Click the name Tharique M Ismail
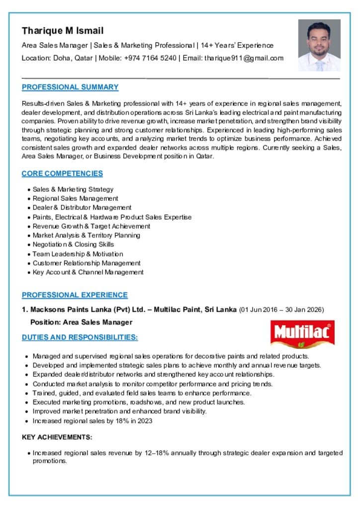[63, 31]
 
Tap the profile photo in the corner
[319, 45]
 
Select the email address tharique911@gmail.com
[244, 58]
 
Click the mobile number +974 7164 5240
[150, 58]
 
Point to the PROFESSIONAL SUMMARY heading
[70, 87]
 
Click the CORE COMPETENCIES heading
[62, 173]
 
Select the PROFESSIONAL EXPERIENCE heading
[75, 295]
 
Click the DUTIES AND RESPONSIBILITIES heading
[80, 338]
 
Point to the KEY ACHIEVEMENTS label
[57, 437]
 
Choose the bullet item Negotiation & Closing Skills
[73, 245]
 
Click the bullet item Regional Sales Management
[75, 198]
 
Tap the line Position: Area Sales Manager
[81, 322]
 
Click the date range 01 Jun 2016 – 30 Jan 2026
[282, 310]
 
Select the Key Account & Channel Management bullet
[88, 272]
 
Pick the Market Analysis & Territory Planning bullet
[86, 235]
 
